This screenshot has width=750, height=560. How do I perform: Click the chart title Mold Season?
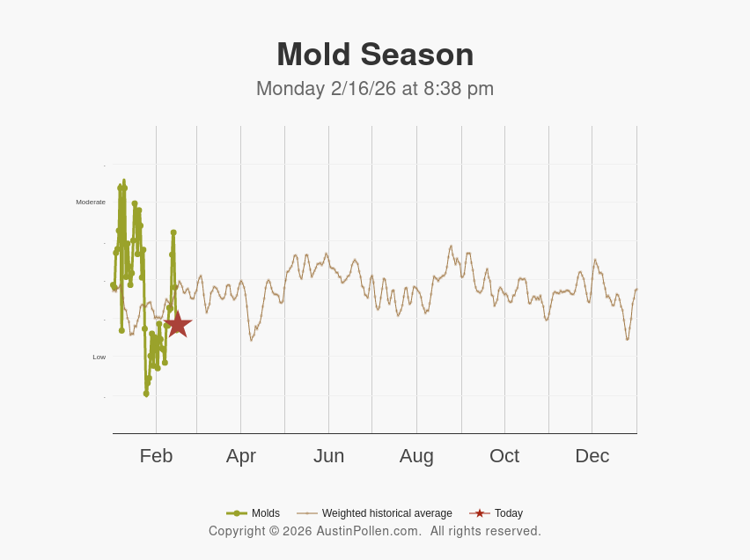(x=375, y=55)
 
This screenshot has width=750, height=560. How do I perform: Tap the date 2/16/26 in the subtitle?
(x=364, y=89)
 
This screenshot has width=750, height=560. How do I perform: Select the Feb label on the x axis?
(x=156, y=456)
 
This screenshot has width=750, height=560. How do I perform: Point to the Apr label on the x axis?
(x=240, y=456)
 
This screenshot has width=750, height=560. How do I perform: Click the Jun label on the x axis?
(x=328, y=456)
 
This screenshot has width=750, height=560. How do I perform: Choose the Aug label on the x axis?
(x=416, y=456)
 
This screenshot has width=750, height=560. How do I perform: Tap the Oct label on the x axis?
(x=504, y=456)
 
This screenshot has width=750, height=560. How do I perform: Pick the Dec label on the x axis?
(x=592, y=456)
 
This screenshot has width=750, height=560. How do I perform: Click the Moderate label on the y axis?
(x=91, y=203)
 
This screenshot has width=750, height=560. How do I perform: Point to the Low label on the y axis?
(x=99, y=357)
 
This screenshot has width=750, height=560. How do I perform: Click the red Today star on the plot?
(x=178, y=324)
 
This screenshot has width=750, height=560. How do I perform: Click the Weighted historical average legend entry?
(x=386, y=513)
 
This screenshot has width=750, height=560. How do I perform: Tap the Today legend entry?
(x=508, y=513)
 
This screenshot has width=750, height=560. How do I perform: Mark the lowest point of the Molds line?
(x=146, y=394)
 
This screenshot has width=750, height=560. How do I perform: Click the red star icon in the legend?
(x=480, y=513)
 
